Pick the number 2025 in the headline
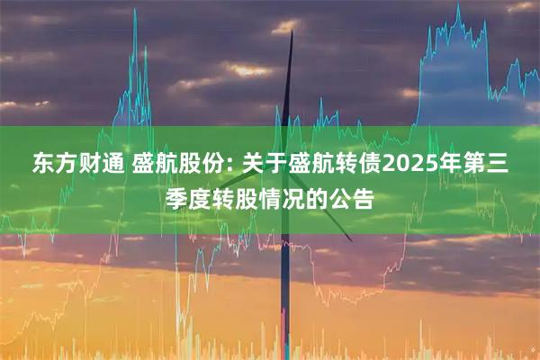[409, 164]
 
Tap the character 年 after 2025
[454, 164]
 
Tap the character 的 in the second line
[323, 198]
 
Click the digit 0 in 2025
[402, 164]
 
